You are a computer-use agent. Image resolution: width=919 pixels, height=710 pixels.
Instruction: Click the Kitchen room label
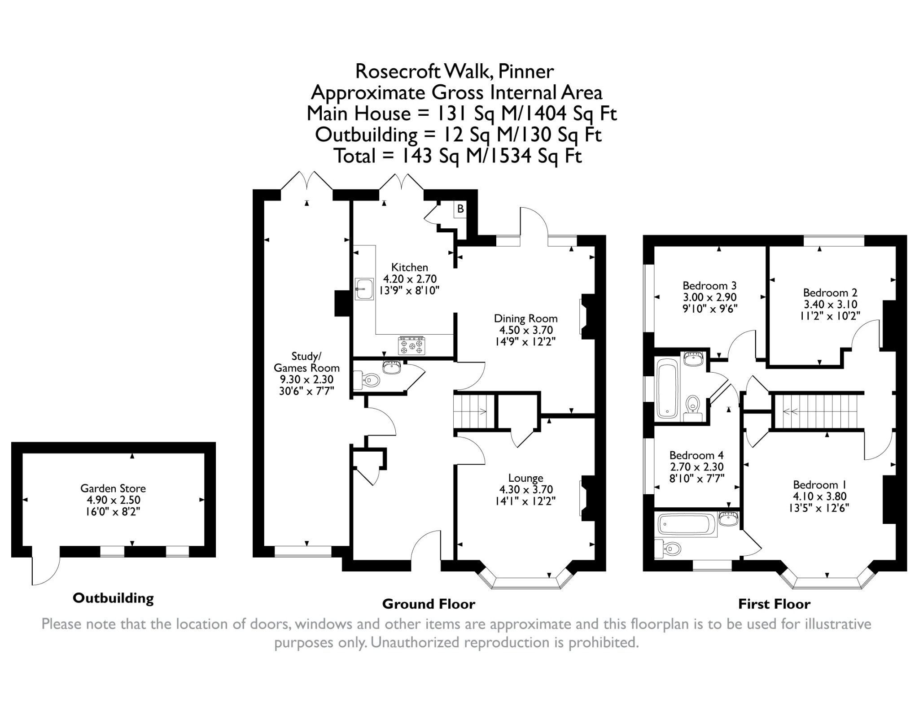point(409,267)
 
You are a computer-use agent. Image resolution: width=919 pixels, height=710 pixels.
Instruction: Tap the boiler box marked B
point(460,209)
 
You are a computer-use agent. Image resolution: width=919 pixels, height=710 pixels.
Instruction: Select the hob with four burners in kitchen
point(411,346)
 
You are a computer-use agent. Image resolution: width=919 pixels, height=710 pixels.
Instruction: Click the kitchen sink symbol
point(364,289)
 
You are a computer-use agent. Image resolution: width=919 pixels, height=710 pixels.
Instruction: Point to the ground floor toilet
point(367,380)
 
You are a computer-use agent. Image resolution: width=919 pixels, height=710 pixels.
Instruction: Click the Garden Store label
point(113,488)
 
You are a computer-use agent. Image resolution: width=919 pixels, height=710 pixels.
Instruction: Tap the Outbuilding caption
point(113,598)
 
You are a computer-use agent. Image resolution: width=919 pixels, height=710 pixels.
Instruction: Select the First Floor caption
point(774,604)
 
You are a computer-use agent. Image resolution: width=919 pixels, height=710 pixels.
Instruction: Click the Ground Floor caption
point(429,604)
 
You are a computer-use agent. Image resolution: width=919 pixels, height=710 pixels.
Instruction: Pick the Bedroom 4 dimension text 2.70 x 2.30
point(696,467)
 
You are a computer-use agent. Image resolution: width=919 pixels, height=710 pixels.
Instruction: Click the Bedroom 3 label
point(709,286)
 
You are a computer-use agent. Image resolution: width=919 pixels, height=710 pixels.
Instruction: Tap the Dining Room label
point(525,318)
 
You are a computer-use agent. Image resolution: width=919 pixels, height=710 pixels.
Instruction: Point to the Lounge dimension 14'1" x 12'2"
point(525,501)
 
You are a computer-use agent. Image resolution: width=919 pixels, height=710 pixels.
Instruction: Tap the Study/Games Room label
point(306,362)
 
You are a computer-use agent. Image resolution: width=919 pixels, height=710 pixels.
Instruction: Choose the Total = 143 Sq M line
point(458,156)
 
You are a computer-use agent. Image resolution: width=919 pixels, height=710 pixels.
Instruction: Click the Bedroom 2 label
point(830,293)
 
